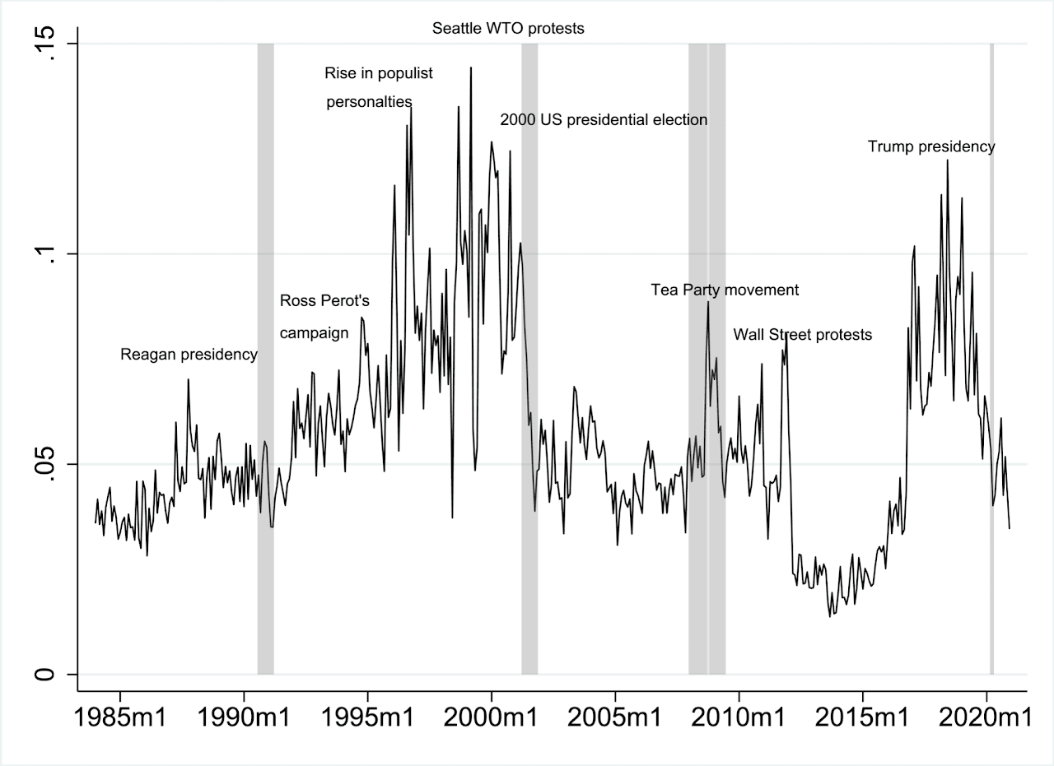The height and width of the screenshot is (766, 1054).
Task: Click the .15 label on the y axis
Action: [45, 44]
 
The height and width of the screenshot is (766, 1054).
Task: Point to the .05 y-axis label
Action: [45, 464]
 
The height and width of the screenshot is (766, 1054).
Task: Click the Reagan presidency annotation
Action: [189, 355]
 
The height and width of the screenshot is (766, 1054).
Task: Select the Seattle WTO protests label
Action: [508, 28]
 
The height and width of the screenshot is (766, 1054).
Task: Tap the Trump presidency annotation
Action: [931, 146]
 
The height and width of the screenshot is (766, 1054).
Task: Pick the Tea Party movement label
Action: [725, 290]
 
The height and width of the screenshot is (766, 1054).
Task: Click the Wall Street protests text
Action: [802, 335]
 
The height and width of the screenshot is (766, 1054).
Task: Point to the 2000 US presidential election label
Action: [604, 119]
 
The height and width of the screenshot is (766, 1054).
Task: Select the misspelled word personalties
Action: [369, 102]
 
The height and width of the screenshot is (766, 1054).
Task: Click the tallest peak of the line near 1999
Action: [471, 68]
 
